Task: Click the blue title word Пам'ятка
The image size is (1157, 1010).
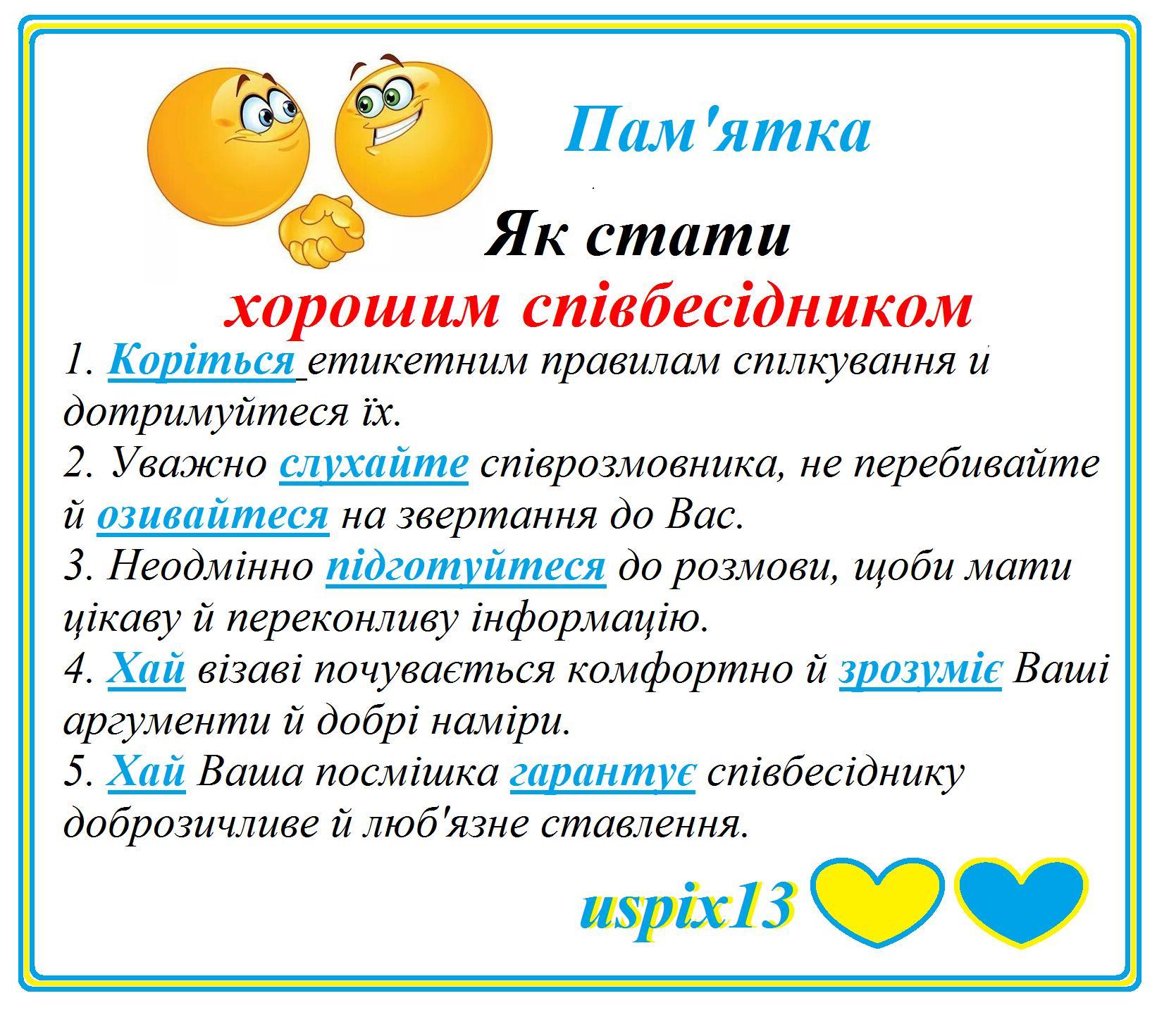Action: [x=717, y=131]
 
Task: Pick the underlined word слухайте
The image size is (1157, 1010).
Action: [x=373, y=464]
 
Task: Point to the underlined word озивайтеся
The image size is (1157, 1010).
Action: [x=213, y=516]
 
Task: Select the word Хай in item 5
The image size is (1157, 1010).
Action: [x=147, y=772]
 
